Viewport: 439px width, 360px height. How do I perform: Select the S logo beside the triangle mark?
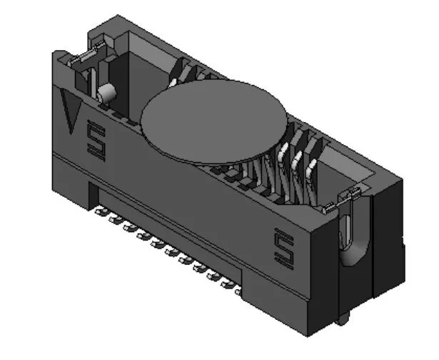[x=94, y=139]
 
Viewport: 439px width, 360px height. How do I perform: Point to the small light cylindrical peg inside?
[x=107, y=92]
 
